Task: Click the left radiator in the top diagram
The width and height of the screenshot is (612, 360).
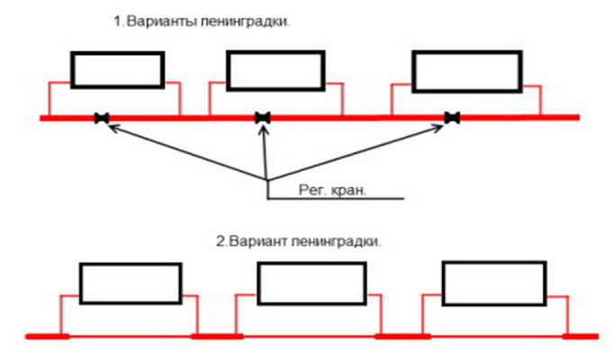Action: point(118,69)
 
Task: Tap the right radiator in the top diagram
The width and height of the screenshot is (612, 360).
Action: point(465,69)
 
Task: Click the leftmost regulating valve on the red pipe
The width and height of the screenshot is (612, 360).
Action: point(102,117)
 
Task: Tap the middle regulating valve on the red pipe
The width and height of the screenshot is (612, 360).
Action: point(263,117)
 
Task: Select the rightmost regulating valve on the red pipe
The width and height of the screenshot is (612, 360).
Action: point(453,117)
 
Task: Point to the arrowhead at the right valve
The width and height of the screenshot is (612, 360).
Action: point(445,126)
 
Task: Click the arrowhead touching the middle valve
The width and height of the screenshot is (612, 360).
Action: point(263,128)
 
